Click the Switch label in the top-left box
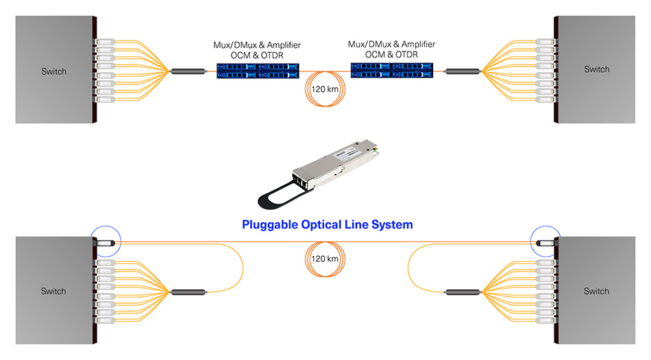[53, 71]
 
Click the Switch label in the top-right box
[596, 69]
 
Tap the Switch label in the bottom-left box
[53, 291]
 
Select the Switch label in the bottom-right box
[596, 291]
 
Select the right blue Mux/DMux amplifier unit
[391, 69]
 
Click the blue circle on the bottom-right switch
[545, 241]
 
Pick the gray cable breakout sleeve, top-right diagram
[463, 71]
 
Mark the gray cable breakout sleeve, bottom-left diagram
[188, 292]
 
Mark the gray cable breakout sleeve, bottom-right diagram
[463, 292]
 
